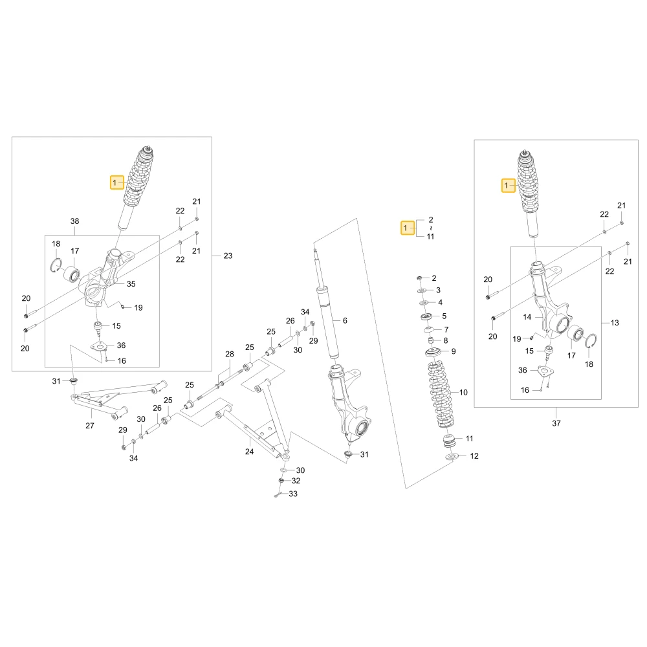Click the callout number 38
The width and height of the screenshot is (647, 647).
74,221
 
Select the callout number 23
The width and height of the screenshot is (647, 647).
228,256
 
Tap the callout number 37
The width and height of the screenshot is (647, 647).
556,423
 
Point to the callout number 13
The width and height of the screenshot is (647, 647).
615,323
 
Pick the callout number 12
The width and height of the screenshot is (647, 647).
474,456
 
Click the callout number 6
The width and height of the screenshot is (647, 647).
345,320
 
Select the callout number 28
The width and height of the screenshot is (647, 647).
230,354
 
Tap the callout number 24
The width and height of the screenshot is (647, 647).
249,452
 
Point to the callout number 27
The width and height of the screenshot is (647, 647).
89,426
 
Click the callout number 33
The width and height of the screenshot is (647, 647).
293,494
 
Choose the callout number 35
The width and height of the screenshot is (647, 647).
131,284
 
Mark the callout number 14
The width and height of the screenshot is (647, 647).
527,317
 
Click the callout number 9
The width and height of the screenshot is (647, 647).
454,351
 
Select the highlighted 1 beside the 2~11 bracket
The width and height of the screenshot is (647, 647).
407,228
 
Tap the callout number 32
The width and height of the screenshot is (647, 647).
296,481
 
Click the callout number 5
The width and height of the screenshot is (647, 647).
444,316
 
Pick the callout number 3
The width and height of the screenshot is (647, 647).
438,290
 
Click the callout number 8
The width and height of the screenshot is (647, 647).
446,341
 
